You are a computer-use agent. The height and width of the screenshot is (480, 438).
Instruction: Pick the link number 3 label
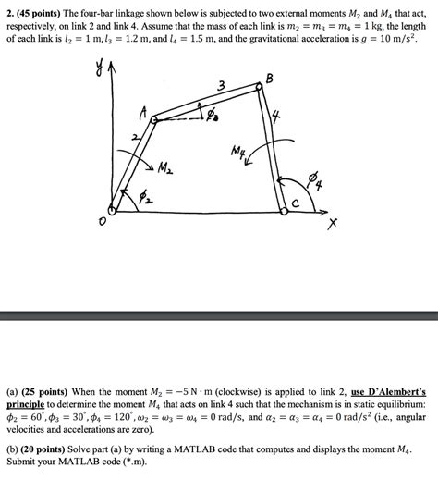tap(220, 88)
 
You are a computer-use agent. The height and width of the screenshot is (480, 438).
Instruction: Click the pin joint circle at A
tap(154, 119)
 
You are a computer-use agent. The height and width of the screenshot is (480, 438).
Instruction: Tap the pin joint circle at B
tap(260, 89)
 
